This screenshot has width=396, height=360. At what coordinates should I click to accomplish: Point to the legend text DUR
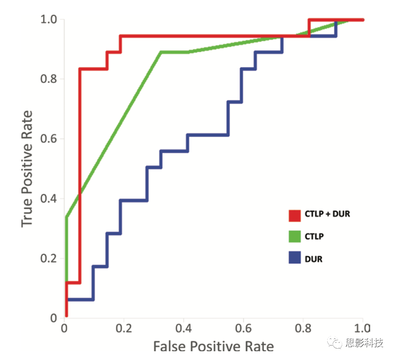(x=314, y=259)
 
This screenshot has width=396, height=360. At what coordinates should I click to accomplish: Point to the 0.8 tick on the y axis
(x=48, y=79)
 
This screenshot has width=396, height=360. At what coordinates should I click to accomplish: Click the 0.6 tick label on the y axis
(x=48, y=139)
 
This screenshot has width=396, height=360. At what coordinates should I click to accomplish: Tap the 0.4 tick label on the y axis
(x=48, y=198)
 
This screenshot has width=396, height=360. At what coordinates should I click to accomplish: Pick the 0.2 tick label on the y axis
(x=48, y=258)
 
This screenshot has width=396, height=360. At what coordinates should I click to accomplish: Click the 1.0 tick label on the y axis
(x=48, y=20)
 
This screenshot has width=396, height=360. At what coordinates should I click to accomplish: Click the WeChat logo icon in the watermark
(x=335, y=343)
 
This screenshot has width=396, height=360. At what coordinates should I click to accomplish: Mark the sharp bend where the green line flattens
(x=161, y=52)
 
